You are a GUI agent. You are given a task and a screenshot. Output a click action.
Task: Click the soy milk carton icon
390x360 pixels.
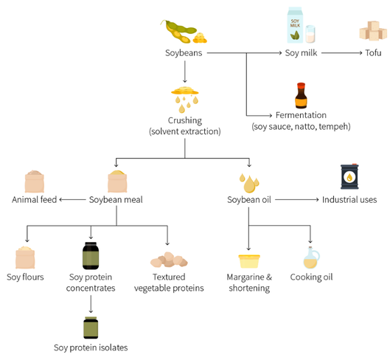295,25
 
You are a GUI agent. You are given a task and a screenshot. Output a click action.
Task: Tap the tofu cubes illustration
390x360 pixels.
373,31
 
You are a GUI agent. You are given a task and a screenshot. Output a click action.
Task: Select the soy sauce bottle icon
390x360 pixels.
301,96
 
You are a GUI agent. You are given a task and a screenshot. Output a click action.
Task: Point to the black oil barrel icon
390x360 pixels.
349,176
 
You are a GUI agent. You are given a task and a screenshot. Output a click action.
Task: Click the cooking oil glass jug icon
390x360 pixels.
311,257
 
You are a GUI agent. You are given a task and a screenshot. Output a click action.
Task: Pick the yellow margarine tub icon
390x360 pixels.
249,261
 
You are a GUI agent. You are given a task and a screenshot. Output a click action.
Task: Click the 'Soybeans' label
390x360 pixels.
184,53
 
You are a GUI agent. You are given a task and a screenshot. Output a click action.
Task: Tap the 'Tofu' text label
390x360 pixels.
373,53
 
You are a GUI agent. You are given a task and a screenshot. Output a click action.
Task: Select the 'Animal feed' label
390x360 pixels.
35,200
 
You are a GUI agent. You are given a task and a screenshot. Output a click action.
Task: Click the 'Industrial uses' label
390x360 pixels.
349,200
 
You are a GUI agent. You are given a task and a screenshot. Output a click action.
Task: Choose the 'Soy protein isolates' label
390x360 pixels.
91,347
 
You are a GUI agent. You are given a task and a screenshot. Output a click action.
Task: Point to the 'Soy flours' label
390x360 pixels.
25,277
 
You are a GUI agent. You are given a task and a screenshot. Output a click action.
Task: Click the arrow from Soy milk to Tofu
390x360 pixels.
342,53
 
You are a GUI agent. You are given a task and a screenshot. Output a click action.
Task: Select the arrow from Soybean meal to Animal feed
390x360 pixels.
72,199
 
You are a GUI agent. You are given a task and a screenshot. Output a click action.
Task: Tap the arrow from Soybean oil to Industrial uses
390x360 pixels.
297,199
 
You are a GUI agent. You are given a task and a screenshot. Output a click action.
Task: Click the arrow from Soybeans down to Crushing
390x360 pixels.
185,72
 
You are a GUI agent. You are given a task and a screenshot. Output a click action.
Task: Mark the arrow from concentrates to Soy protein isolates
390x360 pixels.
91,304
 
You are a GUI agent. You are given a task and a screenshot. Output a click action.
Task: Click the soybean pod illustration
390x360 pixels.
184,32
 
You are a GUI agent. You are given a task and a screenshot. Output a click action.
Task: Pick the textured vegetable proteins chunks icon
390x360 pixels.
169,260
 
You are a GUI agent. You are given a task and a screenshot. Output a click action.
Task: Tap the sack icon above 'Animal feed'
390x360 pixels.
35,181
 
